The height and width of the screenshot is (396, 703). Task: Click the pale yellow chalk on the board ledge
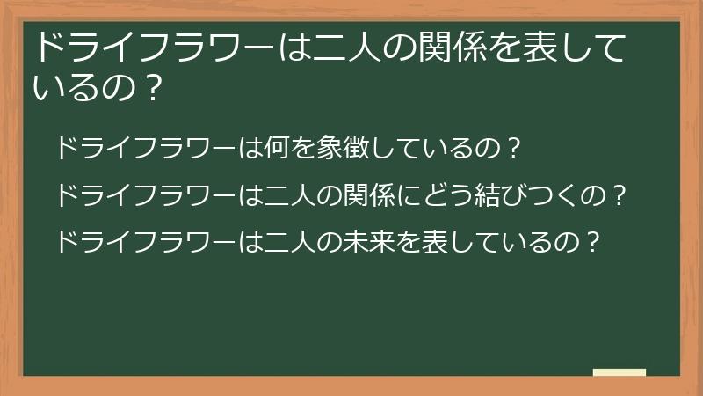click(619, 372)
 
